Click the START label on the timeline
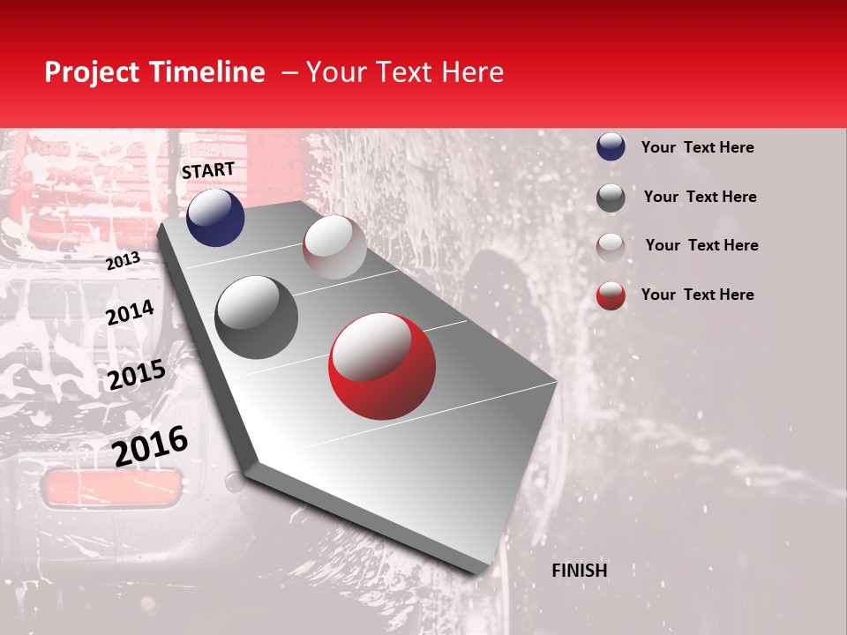click(x=208, y=170)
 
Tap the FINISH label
click(x=579, y=571)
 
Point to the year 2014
click(x=130, y=313)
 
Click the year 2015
click(x=136, y=376)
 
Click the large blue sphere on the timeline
click(x=215, y=217)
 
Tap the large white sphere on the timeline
click(x=334, y=247)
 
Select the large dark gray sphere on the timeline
click(x=256, y=317)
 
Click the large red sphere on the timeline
click(x=382, y=366)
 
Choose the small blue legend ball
click(x=611, y=147)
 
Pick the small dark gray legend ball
click(x=611, y=198)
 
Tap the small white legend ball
click(x=611, y=246)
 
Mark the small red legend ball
click(x=611, y=295)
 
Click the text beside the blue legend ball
click(x=697, y=147)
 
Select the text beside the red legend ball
click(x=697, y=295)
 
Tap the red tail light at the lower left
click(x=112, y=488)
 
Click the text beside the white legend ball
click(x=701, y=245)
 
